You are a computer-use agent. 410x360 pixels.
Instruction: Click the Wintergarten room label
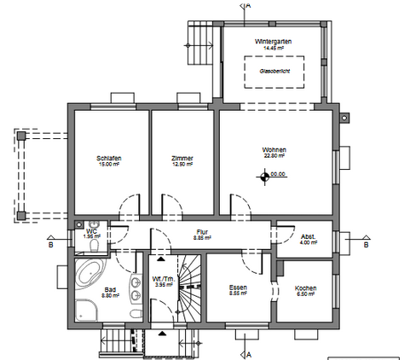tap(273, 42)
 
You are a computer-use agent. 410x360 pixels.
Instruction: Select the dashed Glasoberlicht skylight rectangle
tap(274, 72)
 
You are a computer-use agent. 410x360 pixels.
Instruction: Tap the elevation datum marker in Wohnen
tap(266, 177)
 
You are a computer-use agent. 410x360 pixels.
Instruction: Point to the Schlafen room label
tap(108, 159)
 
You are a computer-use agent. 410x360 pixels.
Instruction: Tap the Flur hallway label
tap(202, 231)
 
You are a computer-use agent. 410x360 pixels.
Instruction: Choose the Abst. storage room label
tap(309, 236)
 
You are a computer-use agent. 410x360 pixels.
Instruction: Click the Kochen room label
tap(305, 288)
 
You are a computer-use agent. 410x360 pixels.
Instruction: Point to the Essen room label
tap(238, 288)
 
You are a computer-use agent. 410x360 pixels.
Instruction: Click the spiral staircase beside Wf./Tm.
tap(189, 290)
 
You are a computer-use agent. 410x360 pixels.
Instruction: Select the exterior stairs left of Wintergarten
tap(199, 47)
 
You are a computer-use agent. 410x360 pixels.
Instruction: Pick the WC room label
tap(91, 230)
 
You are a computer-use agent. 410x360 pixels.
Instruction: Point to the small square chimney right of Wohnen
tap(344, 118)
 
